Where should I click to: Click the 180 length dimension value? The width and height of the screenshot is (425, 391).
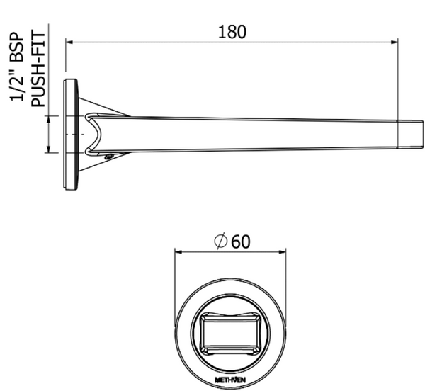pyautogui.click(x=232, y=31)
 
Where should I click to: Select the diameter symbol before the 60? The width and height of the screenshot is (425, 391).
pyautogui.click(x=220, y=242)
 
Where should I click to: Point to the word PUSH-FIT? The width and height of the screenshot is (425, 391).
pyautogui.click(x=38, y=67)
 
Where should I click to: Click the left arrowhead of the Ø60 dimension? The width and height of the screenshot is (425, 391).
pyautogui.click(x=180, y=252)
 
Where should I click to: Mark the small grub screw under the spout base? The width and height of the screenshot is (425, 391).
pyautogui.click(x=108, y=157)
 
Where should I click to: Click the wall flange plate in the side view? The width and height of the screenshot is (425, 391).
pyautogui.click(x=71, y=134)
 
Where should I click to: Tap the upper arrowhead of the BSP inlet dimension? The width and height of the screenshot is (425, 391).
pyautogui.click(x=48, y=117)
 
